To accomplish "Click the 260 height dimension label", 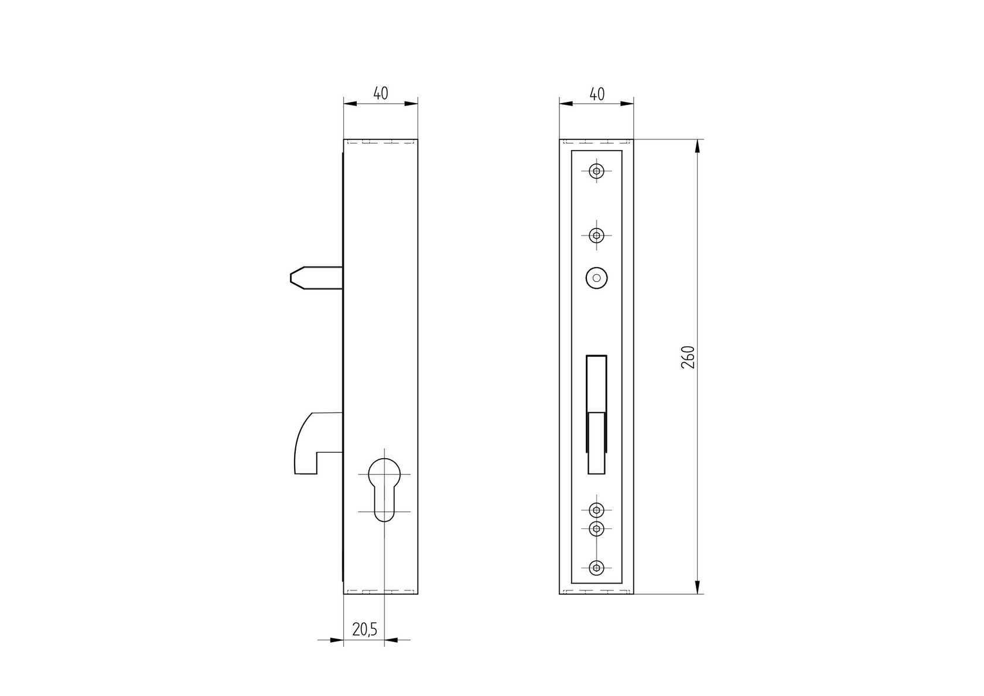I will (688, 357).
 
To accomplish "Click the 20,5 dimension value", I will (364, 629).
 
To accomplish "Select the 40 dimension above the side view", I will (381, 94).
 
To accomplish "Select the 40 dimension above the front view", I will (596, 94).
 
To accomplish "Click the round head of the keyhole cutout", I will (384, 473).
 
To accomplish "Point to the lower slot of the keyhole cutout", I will (384, 507).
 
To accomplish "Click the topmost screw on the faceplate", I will (596, 171).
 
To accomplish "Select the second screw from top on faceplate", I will (596, 236).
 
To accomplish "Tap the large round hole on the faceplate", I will (596, 278).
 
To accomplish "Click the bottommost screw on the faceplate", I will (596, 568).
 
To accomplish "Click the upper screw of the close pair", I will (596, 510).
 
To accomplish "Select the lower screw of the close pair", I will (596, 528).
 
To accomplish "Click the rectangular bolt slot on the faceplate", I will (596, 413).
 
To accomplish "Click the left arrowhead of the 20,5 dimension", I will (336, 640).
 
